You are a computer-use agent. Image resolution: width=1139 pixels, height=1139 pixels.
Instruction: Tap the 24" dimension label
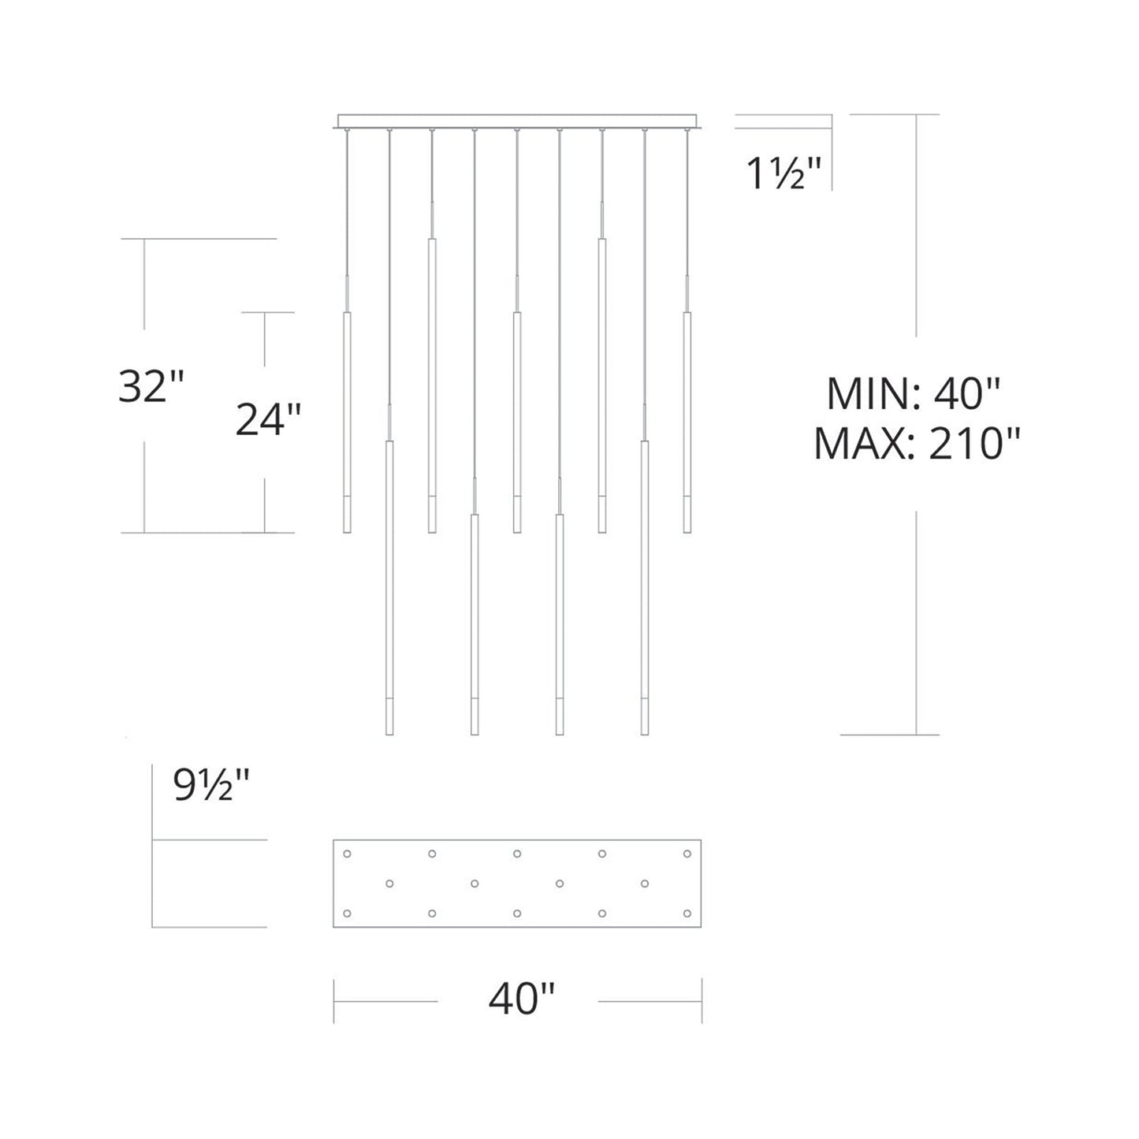(268, 419)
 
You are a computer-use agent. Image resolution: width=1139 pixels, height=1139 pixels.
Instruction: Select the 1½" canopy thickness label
(784, 173)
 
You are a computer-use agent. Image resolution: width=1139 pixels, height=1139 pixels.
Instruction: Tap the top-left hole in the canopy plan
(347, 854)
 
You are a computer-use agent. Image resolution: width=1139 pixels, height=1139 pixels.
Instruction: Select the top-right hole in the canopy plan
(687, 854)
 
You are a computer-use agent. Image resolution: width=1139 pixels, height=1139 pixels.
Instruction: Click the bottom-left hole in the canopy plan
(347, 914)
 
